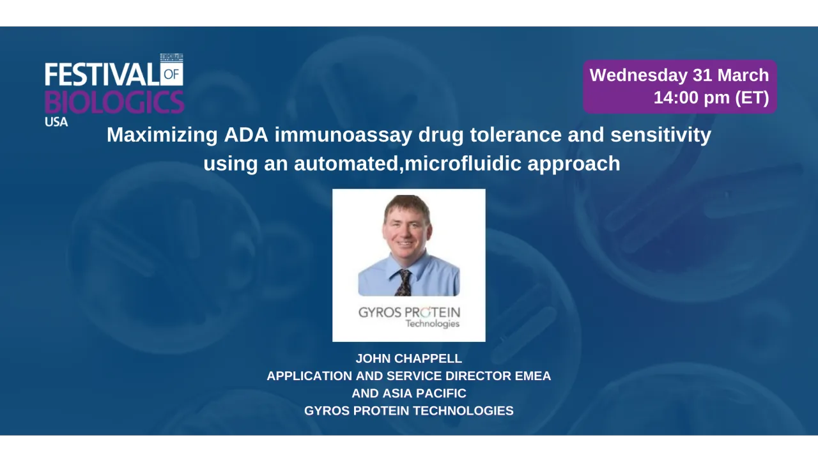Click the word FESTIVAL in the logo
[x=102, y=75]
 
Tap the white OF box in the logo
[x=172, y=73]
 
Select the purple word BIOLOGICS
[x=114, y=102]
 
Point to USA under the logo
[x=56, y=122]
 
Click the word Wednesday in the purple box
[x=638, y=75]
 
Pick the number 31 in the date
[x=702, y=75]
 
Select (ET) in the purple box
[x=752, y=98]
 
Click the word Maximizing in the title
[x=162, y=135]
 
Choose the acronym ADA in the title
[x=246, y=135]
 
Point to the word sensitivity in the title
[x=661, y=135]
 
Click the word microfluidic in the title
[x=463, y=163]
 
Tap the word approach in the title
[x=574, y=164]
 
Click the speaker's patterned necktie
[x=405, y=282]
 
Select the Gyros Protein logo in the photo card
[x=409, y=317]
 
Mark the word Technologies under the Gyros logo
[x=433, y=324]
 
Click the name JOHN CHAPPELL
[x=409, y=358]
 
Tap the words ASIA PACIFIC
[x=424, y=393]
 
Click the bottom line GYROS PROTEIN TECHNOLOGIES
[x=409, y=411]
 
